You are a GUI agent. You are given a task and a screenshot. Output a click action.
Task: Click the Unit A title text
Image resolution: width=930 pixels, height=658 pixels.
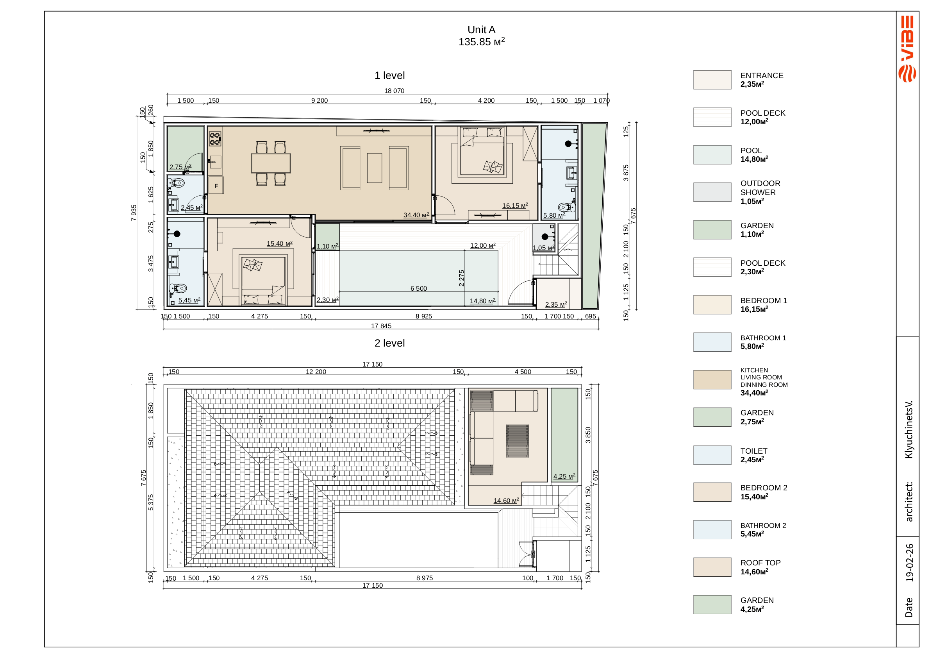(x=481, y=30)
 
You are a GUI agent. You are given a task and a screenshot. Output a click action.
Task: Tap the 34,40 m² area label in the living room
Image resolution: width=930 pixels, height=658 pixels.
(x=416, y=215)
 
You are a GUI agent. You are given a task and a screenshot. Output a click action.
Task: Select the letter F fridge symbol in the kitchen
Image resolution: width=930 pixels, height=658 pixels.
(x=216, y=186)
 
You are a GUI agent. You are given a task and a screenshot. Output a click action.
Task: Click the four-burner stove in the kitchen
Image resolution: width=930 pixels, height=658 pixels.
(x=215, y=139)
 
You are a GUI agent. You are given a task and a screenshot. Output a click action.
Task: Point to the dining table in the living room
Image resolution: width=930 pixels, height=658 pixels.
(x=271, y=163)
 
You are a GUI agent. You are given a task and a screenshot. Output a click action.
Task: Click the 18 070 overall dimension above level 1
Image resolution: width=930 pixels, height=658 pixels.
(x=394, y=91)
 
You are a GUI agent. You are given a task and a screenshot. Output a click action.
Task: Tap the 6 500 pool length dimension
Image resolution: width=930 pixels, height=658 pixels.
(x=418, y=288)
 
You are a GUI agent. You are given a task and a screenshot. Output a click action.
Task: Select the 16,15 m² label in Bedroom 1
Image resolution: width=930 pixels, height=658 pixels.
(x=515, y=206)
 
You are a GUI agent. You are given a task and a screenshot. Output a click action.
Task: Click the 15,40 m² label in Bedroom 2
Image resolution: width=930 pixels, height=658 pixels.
(x=280, y=243)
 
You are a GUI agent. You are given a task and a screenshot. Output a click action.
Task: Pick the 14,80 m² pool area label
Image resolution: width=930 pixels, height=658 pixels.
(x=482, y=301)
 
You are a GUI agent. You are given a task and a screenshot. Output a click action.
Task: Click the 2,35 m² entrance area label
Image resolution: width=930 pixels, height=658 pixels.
(x=556, y=305)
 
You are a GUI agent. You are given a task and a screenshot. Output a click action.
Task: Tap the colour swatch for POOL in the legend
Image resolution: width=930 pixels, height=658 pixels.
(x=712, y=155)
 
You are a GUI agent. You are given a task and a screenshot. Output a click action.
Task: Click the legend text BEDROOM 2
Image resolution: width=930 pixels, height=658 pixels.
(x=764, y=488)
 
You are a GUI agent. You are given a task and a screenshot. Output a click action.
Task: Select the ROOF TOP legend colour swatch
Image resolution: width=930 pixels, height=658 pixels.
(x=712, y=567)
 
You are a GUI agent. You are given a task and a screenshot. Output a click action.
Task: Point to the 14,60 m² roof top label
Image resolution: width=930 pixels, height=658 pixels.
(x=506, y=501)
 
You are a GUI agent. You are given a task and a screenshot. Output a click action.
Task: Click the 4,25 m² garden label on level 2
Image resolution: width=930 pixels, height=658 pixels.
(x=564, y=476)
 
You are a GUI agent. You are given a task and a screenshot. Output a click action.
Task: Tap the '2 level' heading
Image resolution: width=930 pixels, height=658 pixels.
(x=390, y=343)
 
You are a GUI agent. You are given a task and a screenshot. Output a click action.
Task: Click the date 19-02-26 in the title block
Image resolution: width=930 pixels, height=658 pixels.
(x=909, y=563)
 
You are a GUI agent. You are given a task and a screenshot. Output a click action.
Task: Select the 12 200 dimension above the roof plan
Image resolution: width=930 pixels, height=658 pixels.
(x=316, y=372)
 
